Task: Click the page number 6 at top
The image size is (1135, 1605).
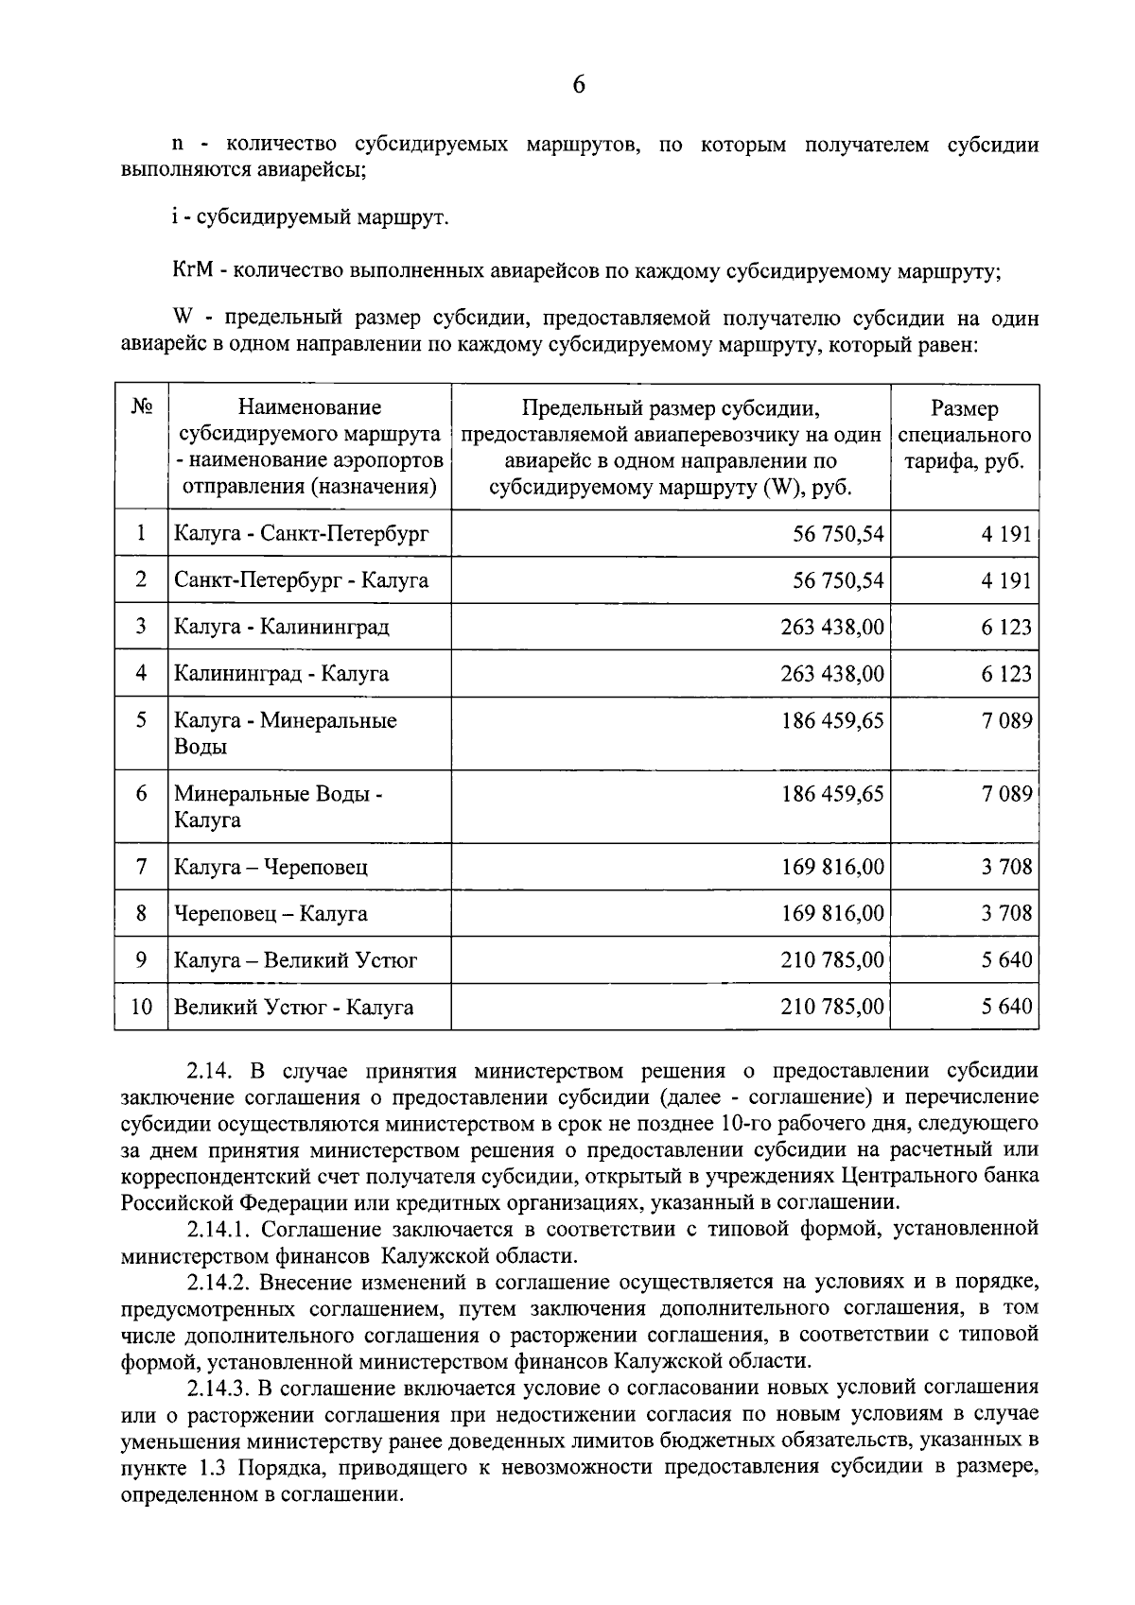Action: point(579,84)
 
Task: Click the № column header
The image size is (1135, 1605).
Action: point(142,406)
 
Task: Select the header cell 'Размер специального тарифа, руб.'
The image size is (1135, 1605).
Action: point(964,436)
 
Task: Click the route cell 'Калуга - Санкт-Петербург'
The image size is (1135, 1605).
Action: point(302,533)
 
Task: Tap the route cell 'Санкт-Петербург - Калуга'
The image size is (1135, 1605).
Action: point(302,579)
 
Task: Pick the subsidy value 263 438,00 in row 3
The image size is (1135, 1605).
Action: point(832,627)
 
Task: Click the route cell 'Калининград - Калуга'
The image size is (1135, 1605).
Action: point(281,673)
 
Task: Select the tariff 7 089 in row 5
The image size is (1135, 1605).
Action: point(1006,720)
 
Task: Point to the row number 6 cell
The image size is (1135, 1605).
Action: point(141,793)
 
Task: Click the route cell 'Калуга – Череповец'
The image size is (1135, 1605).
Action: point(271,866)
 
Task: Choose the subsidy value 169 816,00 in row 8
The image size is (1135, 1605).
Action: point(832,913)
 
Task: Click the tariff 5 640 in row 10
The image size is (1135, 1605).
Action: point(1006,1007)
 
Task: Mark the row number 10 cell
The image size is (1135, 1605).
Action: point(141,1007)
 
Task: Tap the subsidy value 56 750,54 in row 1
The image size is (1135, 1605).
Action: point(838,533)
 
